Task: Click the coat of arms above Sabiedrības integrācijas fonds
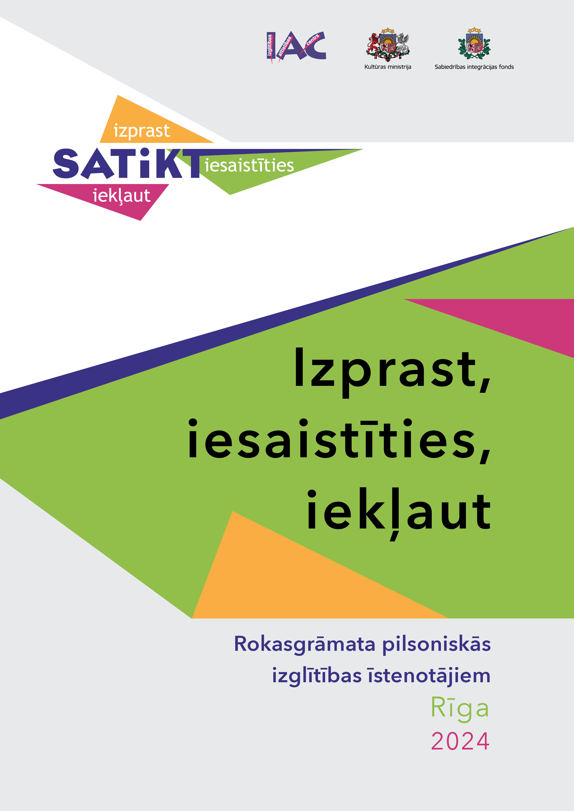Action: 474,44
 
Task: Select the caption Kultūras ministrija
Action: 388,67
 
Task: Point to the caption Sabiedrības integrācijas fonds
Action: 474,67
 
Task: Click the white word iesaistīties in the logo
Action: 249,165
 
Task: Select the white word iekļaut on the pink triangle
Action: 121,196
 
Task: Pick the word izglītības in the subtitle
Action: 317,676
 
